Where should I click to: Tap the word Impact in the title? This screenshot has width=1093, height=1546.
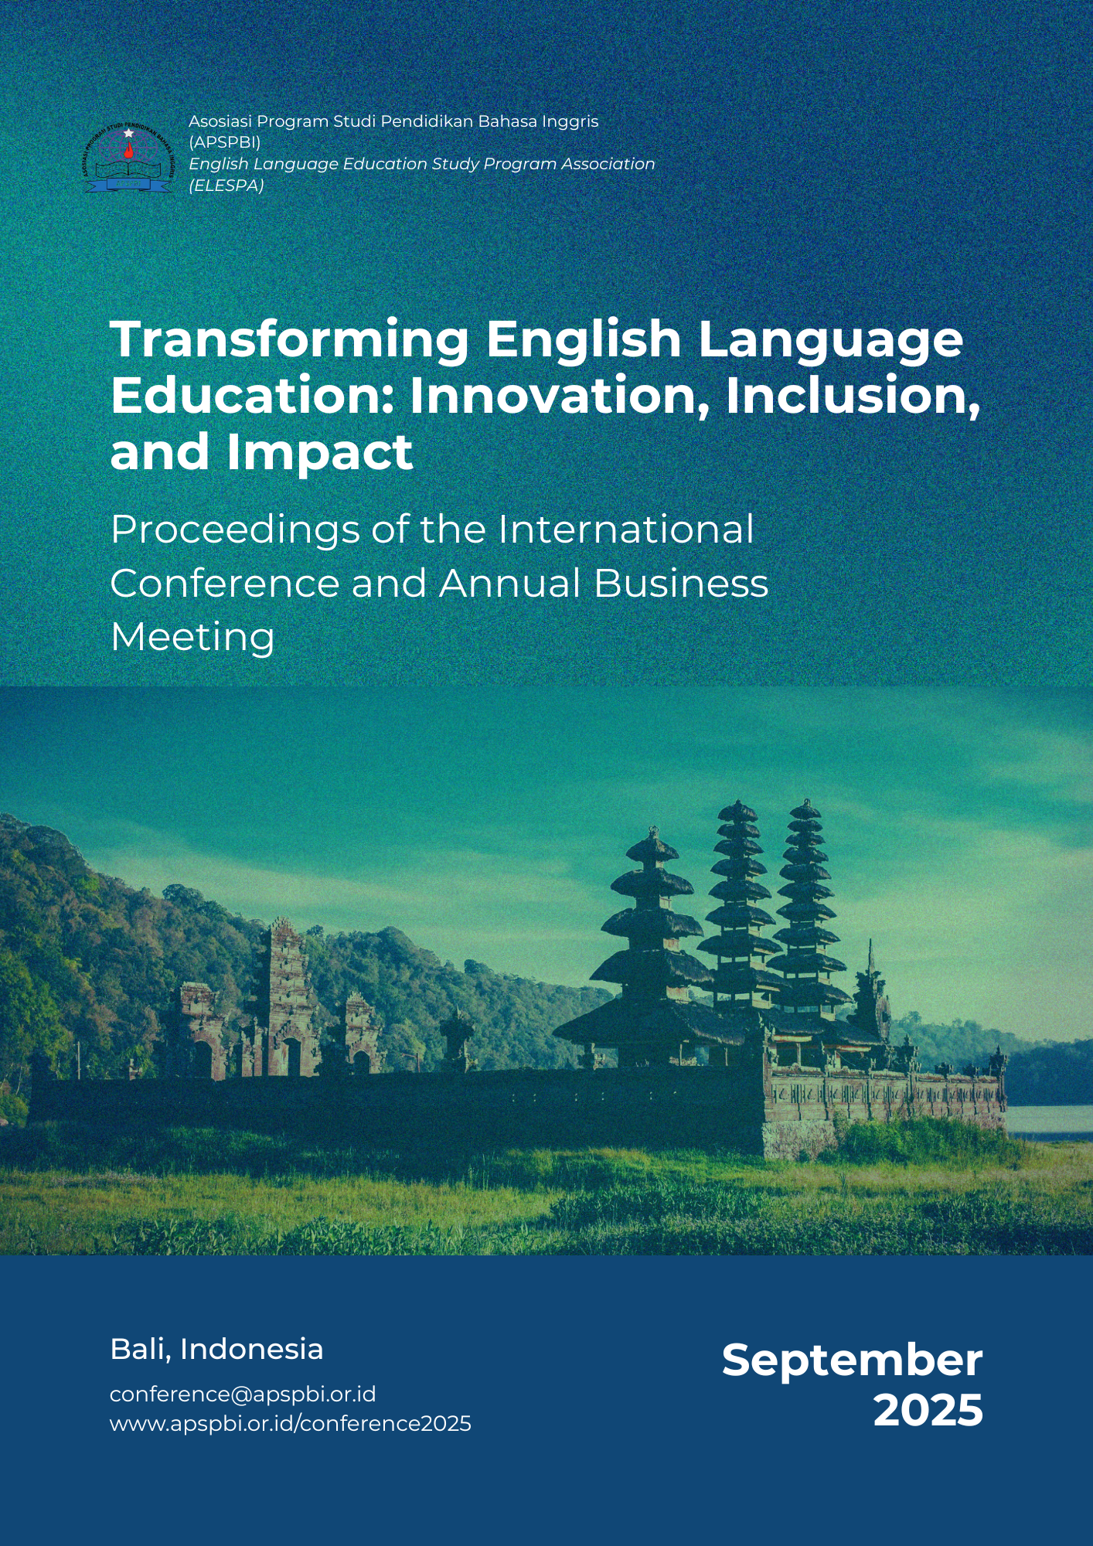pyautogui.click(x=320, y=452)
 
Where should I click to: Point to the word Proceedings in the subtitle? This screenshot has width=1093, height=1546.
pyautogui.click(x=234, y=531)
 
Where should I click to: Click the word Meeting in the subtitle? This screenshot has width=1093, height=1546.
pyautogui.click(x=192, y=638)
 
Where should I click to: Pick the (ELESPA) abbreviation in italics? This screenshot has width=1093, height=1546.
pyautogui.click(x=226, y=186)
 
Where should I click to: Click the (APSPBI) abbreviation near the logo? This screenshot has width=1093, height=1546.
pyautogui.click(x=225, y=142)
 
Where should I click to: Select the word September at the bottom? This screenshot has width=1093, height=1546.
pyautogui.click(x=852, y=1360)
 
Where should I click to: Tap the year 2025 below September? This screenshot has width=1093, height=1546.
pyautogui.click(x=928, y=1410)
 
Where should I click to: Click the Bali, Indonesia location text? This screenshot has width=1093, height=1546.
pyautogui.click(x=216, y=1349)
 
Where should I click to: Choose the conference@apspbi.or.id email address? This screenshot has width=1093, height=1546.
pyautogui.click(x=243, y=1394)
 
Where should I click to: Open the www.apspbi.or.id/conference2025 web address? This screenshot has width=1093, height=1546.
pyautogui.click(x=291, y=1423)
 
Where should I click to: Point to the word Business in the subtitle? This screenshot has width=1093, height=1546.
pyautogui.click(x=681, y=583)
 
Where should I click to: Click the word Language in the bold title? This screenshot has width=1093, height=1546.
pyautogui.click(x=830, y=340)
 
